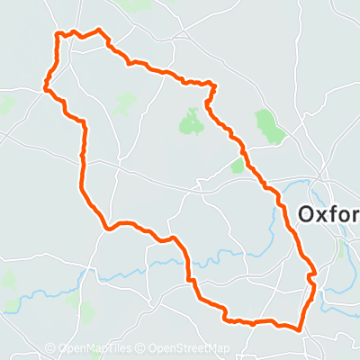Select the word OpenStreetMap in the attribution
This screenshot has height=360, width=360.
189,349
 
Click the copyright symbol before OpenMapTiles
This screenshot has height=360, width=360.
50,349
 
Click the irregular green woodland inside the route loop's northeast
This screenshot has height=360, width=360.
191,121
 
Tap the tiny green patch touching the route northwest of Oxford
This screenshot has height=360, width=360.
238,166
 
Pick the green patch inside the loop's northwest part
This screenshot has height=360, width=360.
124,103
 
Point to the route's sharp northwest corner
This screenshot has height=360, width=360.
59,35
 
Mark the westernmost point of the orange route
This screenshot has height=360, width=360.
44,87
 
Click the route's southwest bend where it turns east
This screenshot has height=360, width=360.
109,228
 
